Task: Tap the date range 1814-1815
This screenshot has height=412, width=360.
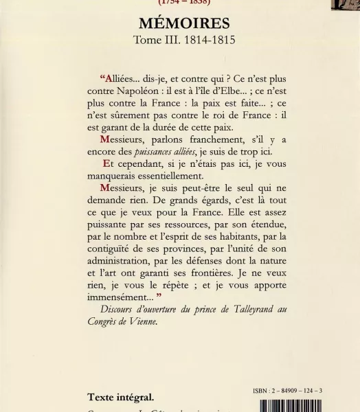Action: [x=210, y=40]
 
